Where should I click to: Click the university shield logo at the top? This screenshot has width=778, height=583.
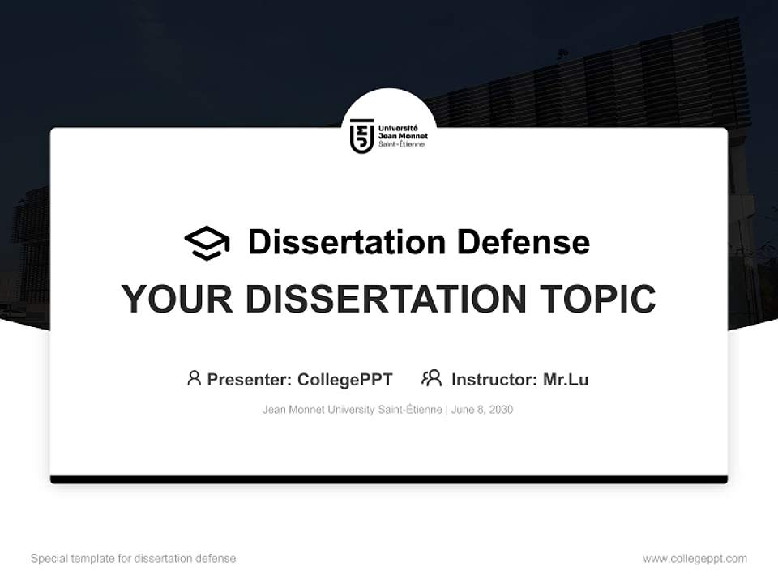click(x=362, y=136)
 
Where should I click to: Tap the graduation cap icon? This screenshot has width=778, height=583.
click(x=207, y=242)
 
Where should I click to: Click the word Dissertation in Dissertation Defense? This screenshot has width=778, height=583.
click(x=346, y=242)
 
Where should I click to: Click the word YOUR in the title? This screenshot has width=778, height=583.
click(x=176, y=300)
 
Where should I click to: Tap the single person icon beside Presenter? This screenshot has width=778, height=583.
click(x=194, y=378)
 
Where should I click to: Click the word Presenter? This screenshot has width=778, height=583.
click(x=249, y=380)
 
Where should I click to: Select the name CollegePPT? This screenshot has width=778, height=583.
click(x=345, y=380)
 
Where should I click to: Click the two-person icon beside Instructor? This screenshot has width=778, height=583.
click(x=432, y=378)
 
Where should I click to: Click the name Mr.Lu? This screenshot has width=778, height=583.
click(x=566, y=380)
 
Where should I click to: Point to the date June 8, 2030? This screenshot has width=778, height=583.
click(x=482, y=410)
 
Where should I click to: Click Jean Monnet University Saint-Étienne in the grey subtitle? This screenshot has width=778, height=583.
click(x=352, y=410)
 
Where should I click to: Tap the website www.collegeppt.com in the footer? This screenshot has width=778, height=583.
click(x=695, y=559)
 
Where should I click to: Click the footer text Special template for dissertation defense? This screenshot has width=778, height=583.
click(x=134, y=559)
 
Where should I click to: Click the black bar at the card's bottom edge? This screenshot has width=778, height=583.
click(x=389, y=480)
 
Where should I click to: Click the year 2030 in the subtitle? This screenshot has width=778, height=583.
click(x=500, y=410)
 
